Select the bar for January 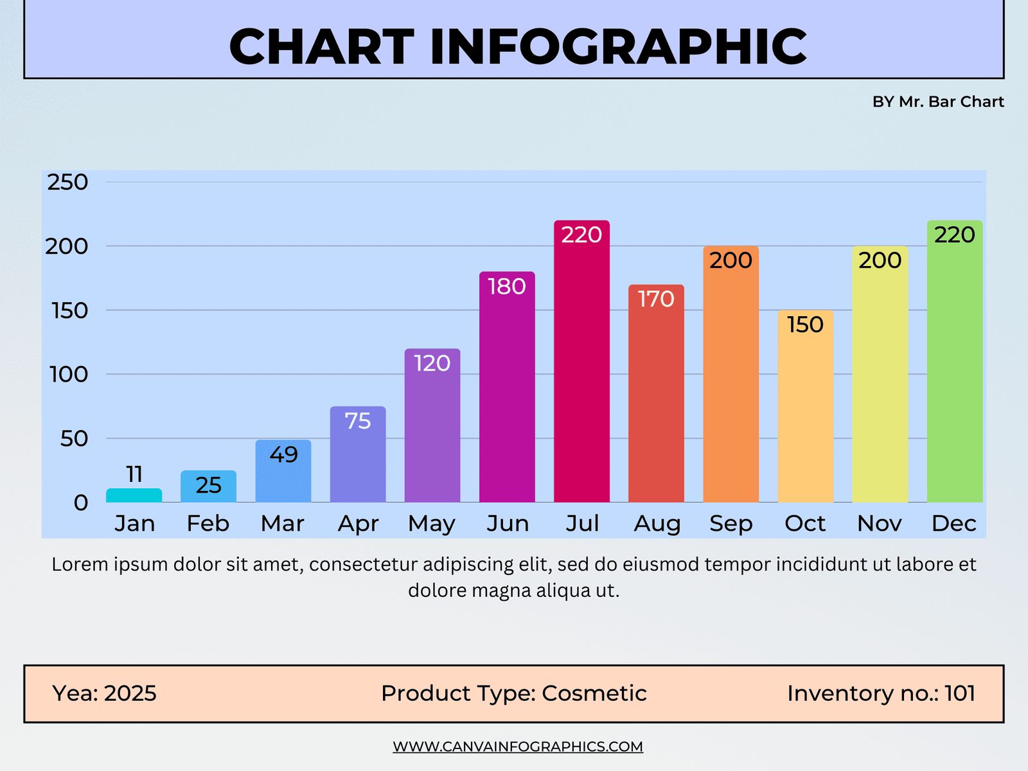coord(134,495)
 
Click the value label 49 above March coord(283,454)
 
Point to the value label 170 coord(656,299)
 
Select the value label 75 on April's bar coord(358,421)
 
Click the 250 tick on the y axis coord(67,182)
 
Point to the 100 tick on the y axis coord(69,374)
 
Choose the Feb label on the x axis coord(208,523)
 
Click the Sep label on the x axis coord(731,523)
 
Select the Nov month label coord(880,523)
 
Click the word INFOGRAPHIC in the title coord(618,46)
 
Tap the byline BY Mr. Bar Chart coord(938,102)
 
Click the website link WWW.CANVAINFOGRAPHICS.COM coord(518,747)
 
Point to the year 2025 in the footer coord(130,693)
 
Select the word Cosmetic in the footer coord(594,693)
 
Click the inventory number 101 coord(960,693)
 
